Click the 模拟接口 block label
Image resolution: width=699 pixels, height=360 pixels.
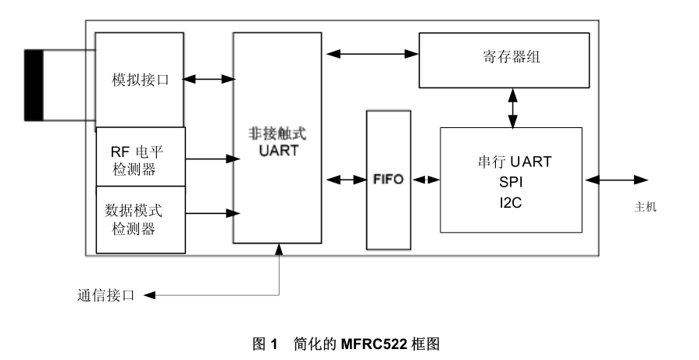141,79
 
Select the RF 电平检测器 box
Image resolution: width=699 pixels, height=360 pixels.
140,157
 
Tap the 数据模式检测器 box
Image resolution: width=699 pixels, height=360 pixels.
140,219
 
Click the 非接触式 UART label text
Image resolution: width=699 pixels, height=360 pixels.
276,140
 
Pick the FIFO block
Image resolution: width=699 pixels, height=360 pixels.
388,179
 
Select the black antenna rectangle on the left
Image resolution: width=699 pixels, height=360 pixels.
34,85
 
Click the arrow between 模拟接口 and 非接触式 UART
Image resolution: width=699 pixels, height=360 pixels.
209,79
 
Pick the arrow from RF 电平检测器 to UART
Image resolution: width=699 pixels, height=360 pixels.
209,159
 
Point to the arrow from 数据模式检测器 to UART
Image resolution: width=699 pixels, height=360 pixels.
209,212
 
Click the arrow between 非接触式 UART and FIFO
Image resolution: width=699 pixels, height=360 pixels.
344,179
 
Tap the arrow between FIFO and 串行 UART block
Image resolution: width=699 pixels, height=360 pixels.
426,179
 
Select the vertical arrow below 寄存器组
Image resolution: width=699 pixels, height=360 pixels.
513,108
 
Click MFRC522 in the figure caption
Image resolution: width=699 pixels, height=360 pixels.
370,341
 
